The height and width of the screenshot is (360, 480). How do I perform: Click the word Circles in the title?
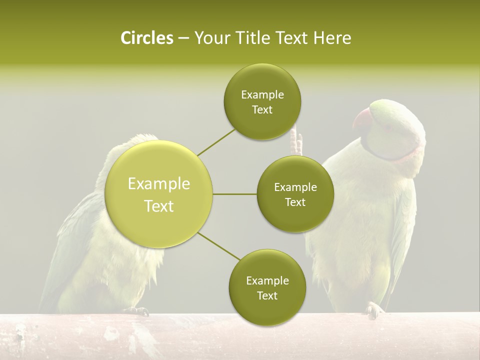(146, 38)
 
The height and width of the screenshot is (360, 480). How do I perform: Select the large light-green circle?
(159, 194)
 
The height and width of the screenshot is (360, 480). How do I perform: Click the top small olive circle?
(262, 102)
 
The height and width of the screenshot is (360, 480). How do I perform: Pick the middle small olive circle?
(295, 194)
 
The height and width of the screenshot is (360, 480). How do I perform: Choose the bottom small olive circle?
(267, 288)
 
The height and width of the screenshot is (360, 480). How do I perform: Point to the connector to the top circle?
(216, 141)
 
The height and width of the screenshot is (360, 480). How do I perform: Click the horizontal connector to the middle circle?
(234, 194)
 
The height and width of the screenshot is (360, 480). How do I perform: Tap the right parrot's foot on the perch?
(374, 310)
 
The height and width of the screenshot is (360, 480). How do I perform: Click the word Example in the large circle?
(159, 184)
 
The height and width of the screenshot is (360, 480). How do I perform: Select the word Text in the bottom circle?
(267, 295)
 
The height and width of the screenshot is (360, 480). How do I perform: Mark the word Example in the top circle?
(262, 95)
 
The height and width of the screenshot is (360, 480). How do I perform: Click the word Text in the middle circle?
(295, 202)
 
